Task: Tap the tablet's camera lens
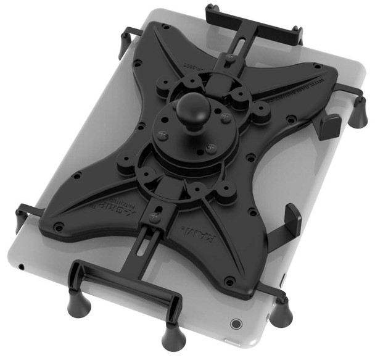235,322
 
